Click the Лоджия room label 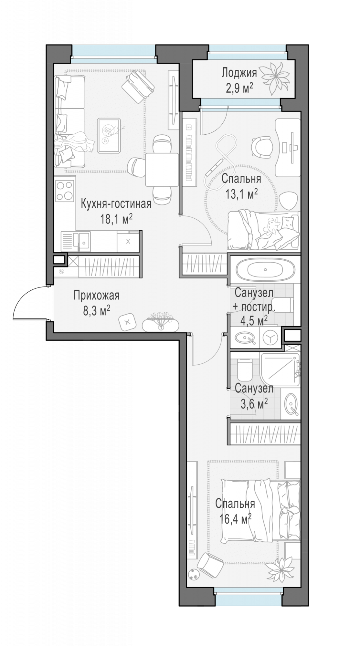[x=239, y=73]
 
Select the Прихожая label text [x=97, y=295]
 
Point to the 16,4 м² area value [x=235, y=520]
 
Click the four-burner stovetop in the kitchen [x=65, y=191]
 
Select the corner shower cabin [x=281, y=369]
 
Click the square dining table [x=162, y=170]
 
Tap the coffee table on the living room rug [x=109, y=135]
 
